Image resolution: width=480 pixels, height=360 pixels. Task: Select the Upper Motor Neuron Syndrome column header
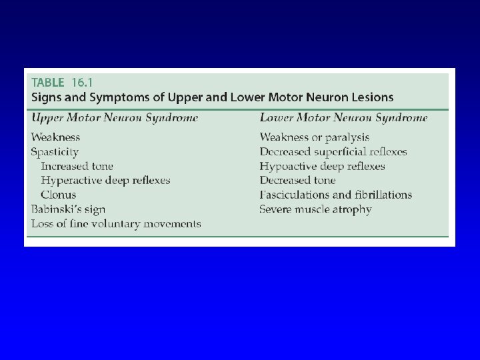tap(115, 118)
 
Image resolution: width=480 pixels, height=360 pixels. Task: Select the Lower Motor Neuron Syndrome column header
tap(343, 118)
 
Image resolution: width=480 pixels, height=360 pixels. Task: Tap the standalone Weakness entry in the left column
tap(55, 137)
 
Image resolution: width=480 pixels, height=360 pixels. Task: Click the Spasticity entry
tap(55, 152)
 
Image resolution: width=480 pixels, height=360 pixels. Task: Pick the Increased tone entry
tap(77, 166)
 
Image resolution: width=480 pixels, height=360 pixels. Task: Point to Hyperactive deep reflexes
tap(105, 180)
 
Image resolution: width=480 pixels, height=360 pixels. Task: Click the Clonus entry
tap(59, 195)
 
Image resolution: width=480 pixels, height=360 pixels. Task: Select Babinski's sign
tap(68, 209)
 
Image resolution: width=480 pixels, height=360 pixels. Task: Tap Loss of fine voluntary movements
tap(116, 224)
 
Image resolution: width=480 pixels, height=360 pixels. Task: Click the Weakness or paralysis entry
tap(309, 137)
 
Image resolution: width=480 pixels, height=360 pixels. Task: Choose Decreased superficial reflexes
tap(333, 152)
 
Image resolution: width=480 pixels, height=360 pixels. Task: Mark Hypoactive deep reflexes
tap(322, 166)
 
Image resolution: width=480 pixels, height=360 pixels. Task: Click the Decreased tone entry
tap(297, 180)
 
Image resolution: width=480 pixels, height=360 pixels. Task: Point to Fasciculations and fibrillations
tap(336, 195)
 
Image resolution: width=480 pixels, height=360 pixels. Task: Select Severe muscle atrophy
tap(315, 209)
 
